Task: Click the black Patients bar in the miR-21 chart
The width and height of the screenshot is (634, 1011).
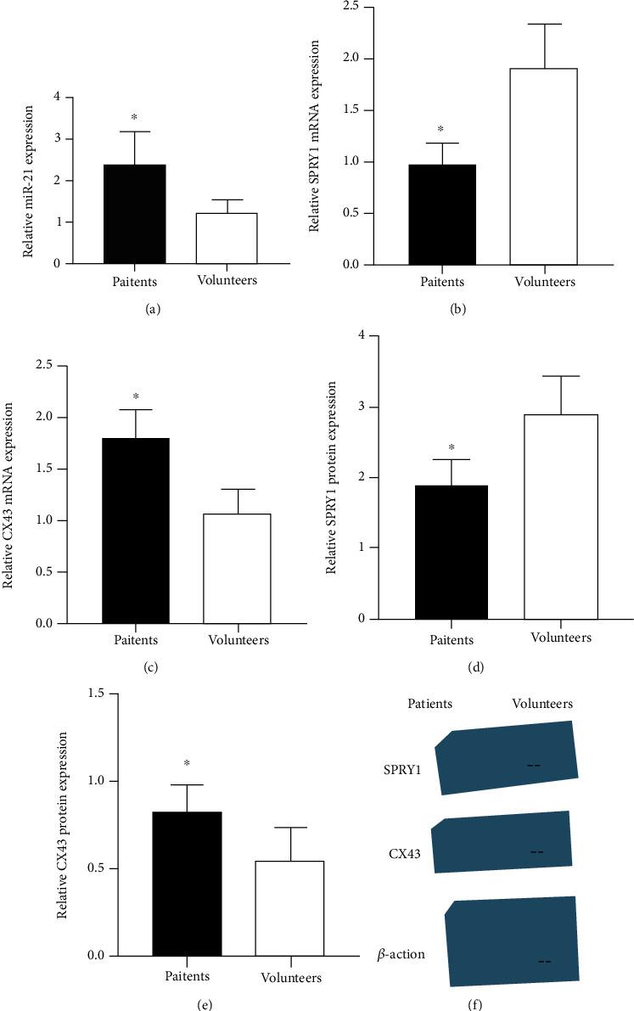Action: (x=134, y=214)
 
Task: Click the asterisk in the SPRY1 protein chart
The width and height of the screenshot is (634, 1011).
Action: (x=451, y=447)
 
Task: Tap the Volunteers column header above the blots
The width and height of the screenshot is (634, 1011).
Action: (x=542, y=704)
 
